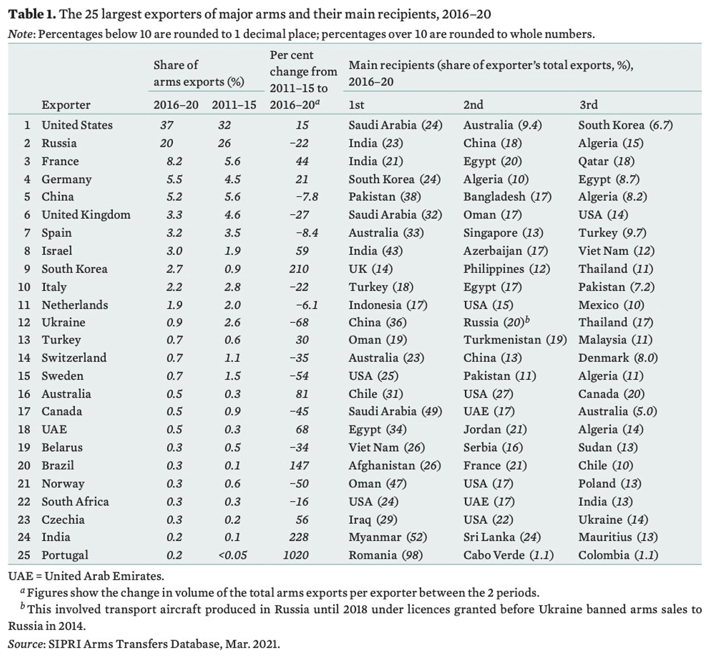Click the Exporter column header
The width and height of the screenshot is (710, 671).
pos(66,105)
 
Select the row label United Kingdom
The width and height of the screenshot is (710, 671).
pos(86,214)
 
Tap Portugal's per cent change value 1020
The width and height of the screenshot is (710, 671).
pos(296,555)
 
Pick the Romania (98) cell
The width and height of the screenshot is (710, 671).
pos(385,555)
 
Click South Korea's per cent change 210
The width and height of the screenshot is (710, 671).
pos(298,269)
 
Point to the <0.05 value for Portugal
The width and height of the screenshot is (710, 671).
pos(232,555)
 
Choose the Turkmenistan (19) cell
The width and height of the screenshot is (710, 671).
pos(515,339)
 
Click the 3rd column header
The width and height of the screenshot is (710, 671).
pos(588,105)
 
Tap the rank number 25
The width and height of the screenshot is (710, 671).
pos(24,555)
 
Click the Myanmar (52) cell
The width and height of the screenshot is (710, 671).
pos(388,537)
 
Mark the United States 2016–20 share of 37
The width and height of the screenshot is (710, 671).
pos(167,125)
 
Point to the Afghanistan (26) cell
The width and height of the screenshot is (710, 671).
pos(394,465)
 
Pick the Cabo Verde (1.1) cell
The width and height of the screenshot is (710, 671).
pos(508,555)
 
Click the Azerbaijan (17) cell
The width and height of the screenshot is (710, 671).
pos(505,251)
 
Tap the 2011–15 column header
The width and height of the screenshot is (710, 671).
pos(234,105)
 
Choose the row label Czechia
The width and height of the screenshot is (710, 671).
pos(63,519)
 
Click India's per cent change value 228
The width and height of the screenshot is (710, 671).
pos(298,537)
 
